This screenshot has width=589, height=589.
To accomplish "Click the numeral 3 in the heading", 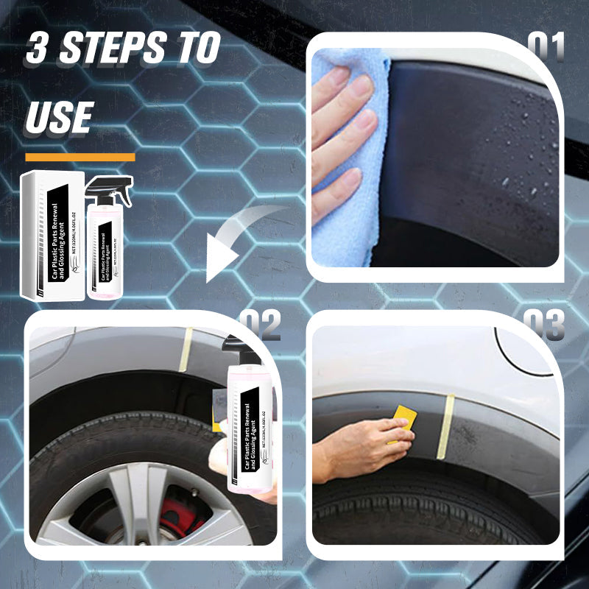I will coord(39,49).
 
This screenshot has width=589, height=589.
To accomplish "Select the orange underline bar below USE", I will coord(80,157).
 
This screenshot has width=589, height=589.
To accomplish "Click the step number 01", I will coord(546,48).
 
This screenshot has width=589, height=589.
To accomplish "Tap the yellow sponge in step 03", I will coord(403,423).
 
